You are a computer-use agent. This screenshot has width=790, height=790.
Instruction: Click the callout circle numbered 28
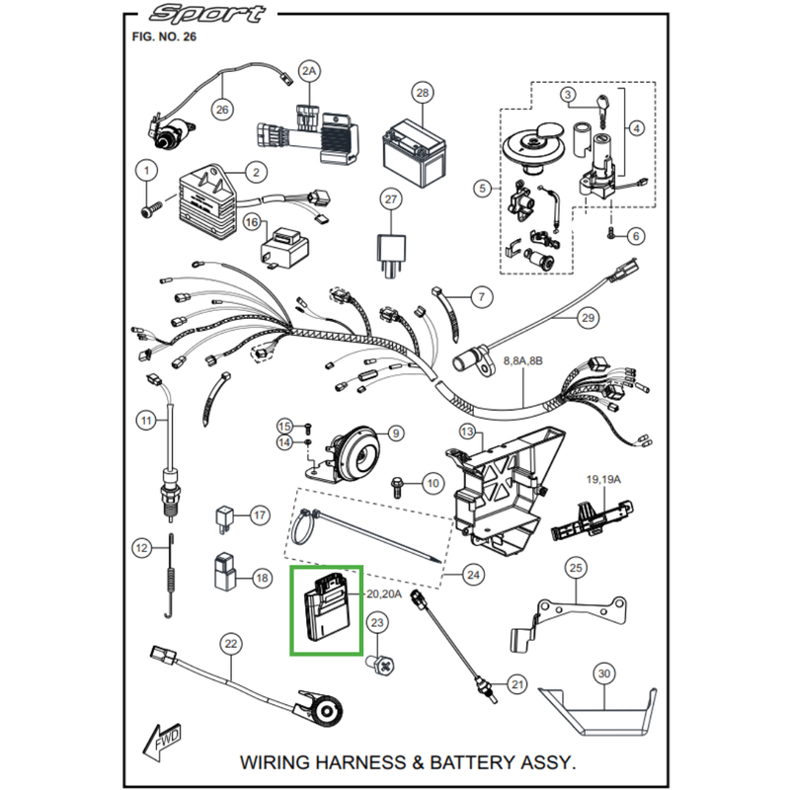coord(422,94)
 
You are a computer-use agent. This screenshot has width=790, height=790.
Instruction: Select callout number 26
coord(221,109)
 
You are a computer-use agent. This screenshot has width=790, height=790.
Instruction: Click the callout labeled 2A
coord(310,72)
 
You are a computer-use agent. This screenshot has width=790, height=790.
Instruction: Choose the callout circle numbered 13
coord(467,432)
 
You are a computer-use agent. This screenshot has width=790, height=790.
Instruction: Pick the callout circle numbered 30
coord(603,674)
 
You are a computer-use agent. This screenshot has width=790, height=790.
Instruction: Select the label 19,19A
coord(605,479)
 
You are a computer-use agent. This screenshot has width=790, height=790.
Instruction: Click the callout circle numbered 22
coord(230,644)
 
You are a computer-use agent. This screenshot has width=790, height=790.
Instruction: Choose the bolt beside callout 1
coord(151,208)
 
